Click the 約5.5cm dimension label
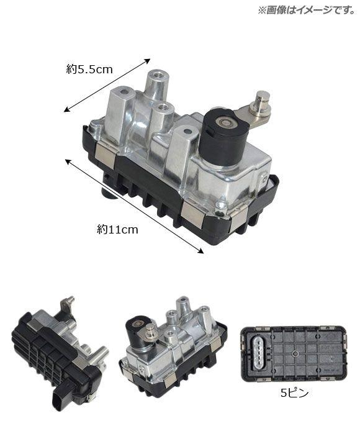tap(89, 70)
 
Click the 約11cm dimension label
tap(117, 229)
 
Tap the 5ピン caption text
tap(295, 393)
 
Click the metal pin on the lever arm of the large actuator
tap(262, 104)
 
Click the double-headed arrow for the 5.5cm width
tap(107, 85)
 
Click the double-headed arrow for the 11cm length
tap(134, 206)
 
